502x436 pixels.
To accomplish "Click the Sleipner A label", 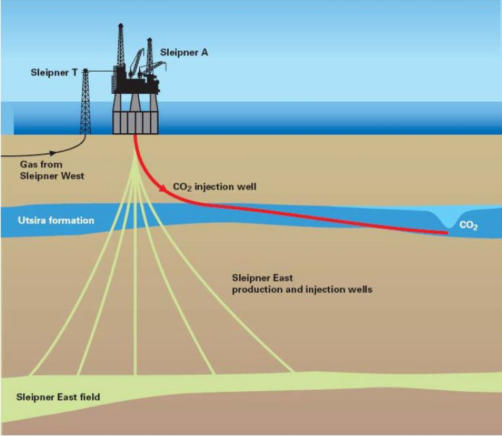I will [184, 53].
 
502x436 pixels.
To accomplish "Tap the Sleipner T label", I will [54, 73].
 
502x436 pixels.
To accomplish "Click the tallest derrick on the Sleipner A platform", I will [120, 46].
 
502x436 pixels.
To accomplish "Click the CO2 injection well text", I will [215, 187].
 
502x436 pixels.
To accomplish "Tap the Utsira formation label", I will [56, 221].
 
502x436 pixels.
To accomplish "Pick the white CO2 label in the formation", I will [468, 226].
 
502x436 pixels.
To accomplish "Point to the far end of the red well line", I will [447, 233].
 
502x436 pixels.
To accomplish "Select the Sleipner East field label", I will [58, 397].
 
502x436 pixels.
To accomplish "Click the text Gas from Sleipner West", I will [51, 170].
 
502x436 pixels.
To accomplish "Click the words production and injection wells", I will [302, 289].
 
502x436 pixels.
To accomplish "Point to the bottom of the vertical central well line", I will [135, 373].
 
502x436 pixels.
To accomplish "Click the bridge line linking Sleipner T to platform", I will [100, 71].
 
